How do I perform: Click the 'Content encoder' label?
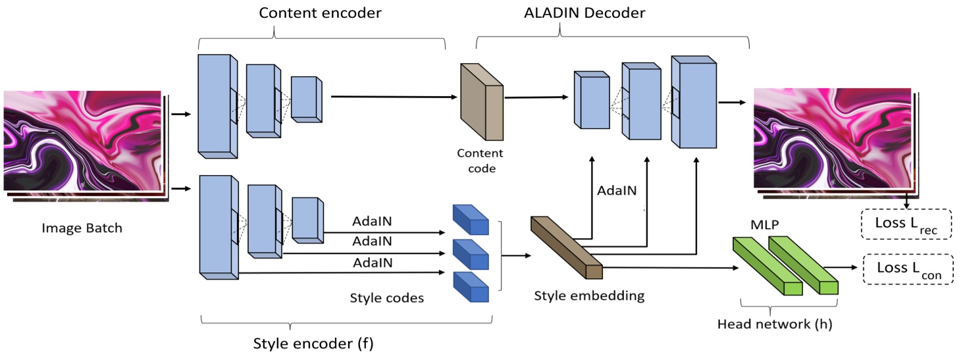tap(320, 13)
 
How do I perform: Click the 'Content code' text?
tap(480, 161)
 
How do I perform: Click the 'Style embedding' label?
tap(588, 296)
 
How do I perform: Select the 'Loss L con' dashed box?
tap(906, 270)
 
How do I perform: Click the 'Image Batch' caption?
tap(82, 228)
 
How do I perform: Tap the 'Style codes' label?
tap(386, 298)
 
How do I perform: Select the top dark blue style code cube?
tap(471, 220)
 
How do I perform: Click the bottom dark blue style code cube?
tap(471, 286)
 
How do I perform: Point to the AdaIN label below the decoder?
tap(617, 191)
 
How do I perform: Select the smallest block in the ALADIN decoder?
tap(591, 100)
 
